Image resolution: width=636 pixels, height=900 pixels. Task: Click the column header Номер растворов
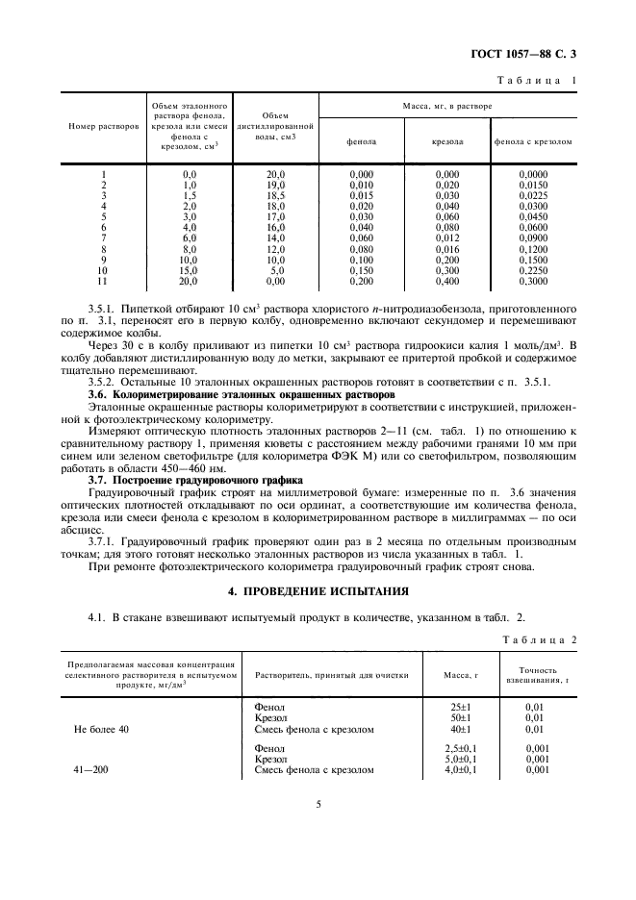point(103,127)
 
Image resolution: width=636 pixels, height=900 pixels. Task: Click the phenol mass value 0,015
point(362,194)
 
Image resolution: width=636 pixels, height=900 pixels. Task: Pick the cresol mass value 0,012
point(447,237)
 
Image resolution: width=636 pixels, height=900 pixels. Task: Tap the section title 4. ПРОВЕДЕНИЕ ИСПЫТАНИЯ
point(318,589)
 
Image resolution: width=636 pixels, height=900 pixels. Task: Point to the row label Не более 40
point(101,729)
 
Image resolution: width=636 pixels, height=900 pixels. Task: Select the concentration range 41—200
point(93,769)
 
